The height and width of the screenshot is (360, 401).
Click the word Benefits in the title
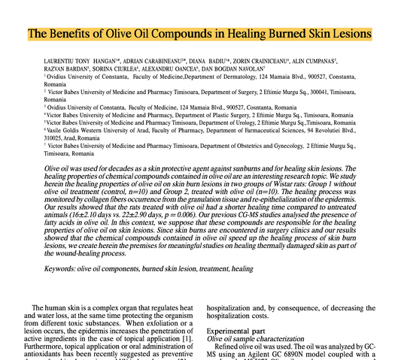pos(81,35)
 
